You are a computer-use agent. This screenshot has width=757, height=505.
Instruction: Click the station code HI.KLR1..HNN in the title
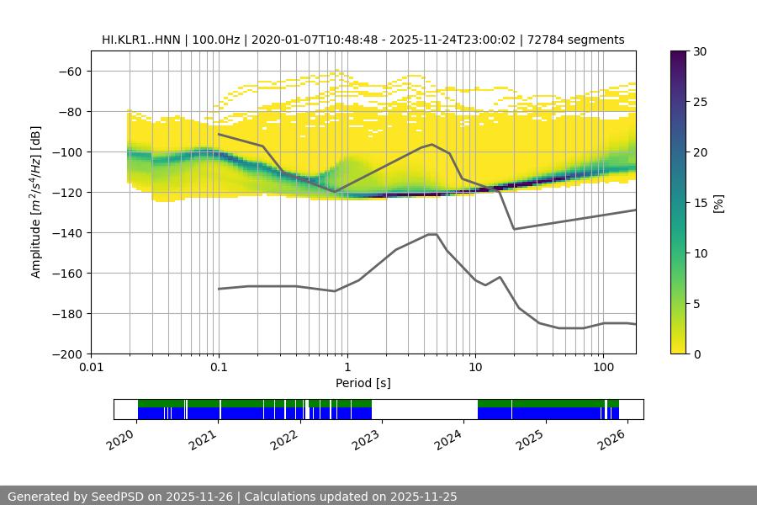[140, 40]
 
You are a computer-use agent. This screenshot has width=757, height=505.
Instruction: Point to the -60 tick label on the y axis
[69, 71]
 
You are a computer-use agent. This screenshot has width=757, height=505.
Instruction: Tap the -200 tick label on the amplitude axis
[66, 353]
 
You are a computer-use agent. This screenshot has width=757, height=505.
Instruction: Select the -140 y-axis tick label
[66, 232]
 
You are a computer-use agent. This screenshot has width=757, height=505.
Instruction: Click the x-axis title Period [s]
[363, 383]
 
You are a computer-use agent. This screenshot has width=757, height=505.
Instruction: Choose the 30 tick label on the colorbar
[700, 51]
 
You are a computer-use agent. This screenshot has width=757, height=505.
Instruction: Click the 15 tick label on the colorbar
[700, 203]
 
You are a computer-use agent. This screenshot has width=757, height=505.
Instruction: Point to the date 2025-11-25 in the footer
[349, 497]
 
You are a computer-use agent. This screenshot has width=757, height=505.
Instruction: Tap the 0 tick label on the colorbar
[696, 353]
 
